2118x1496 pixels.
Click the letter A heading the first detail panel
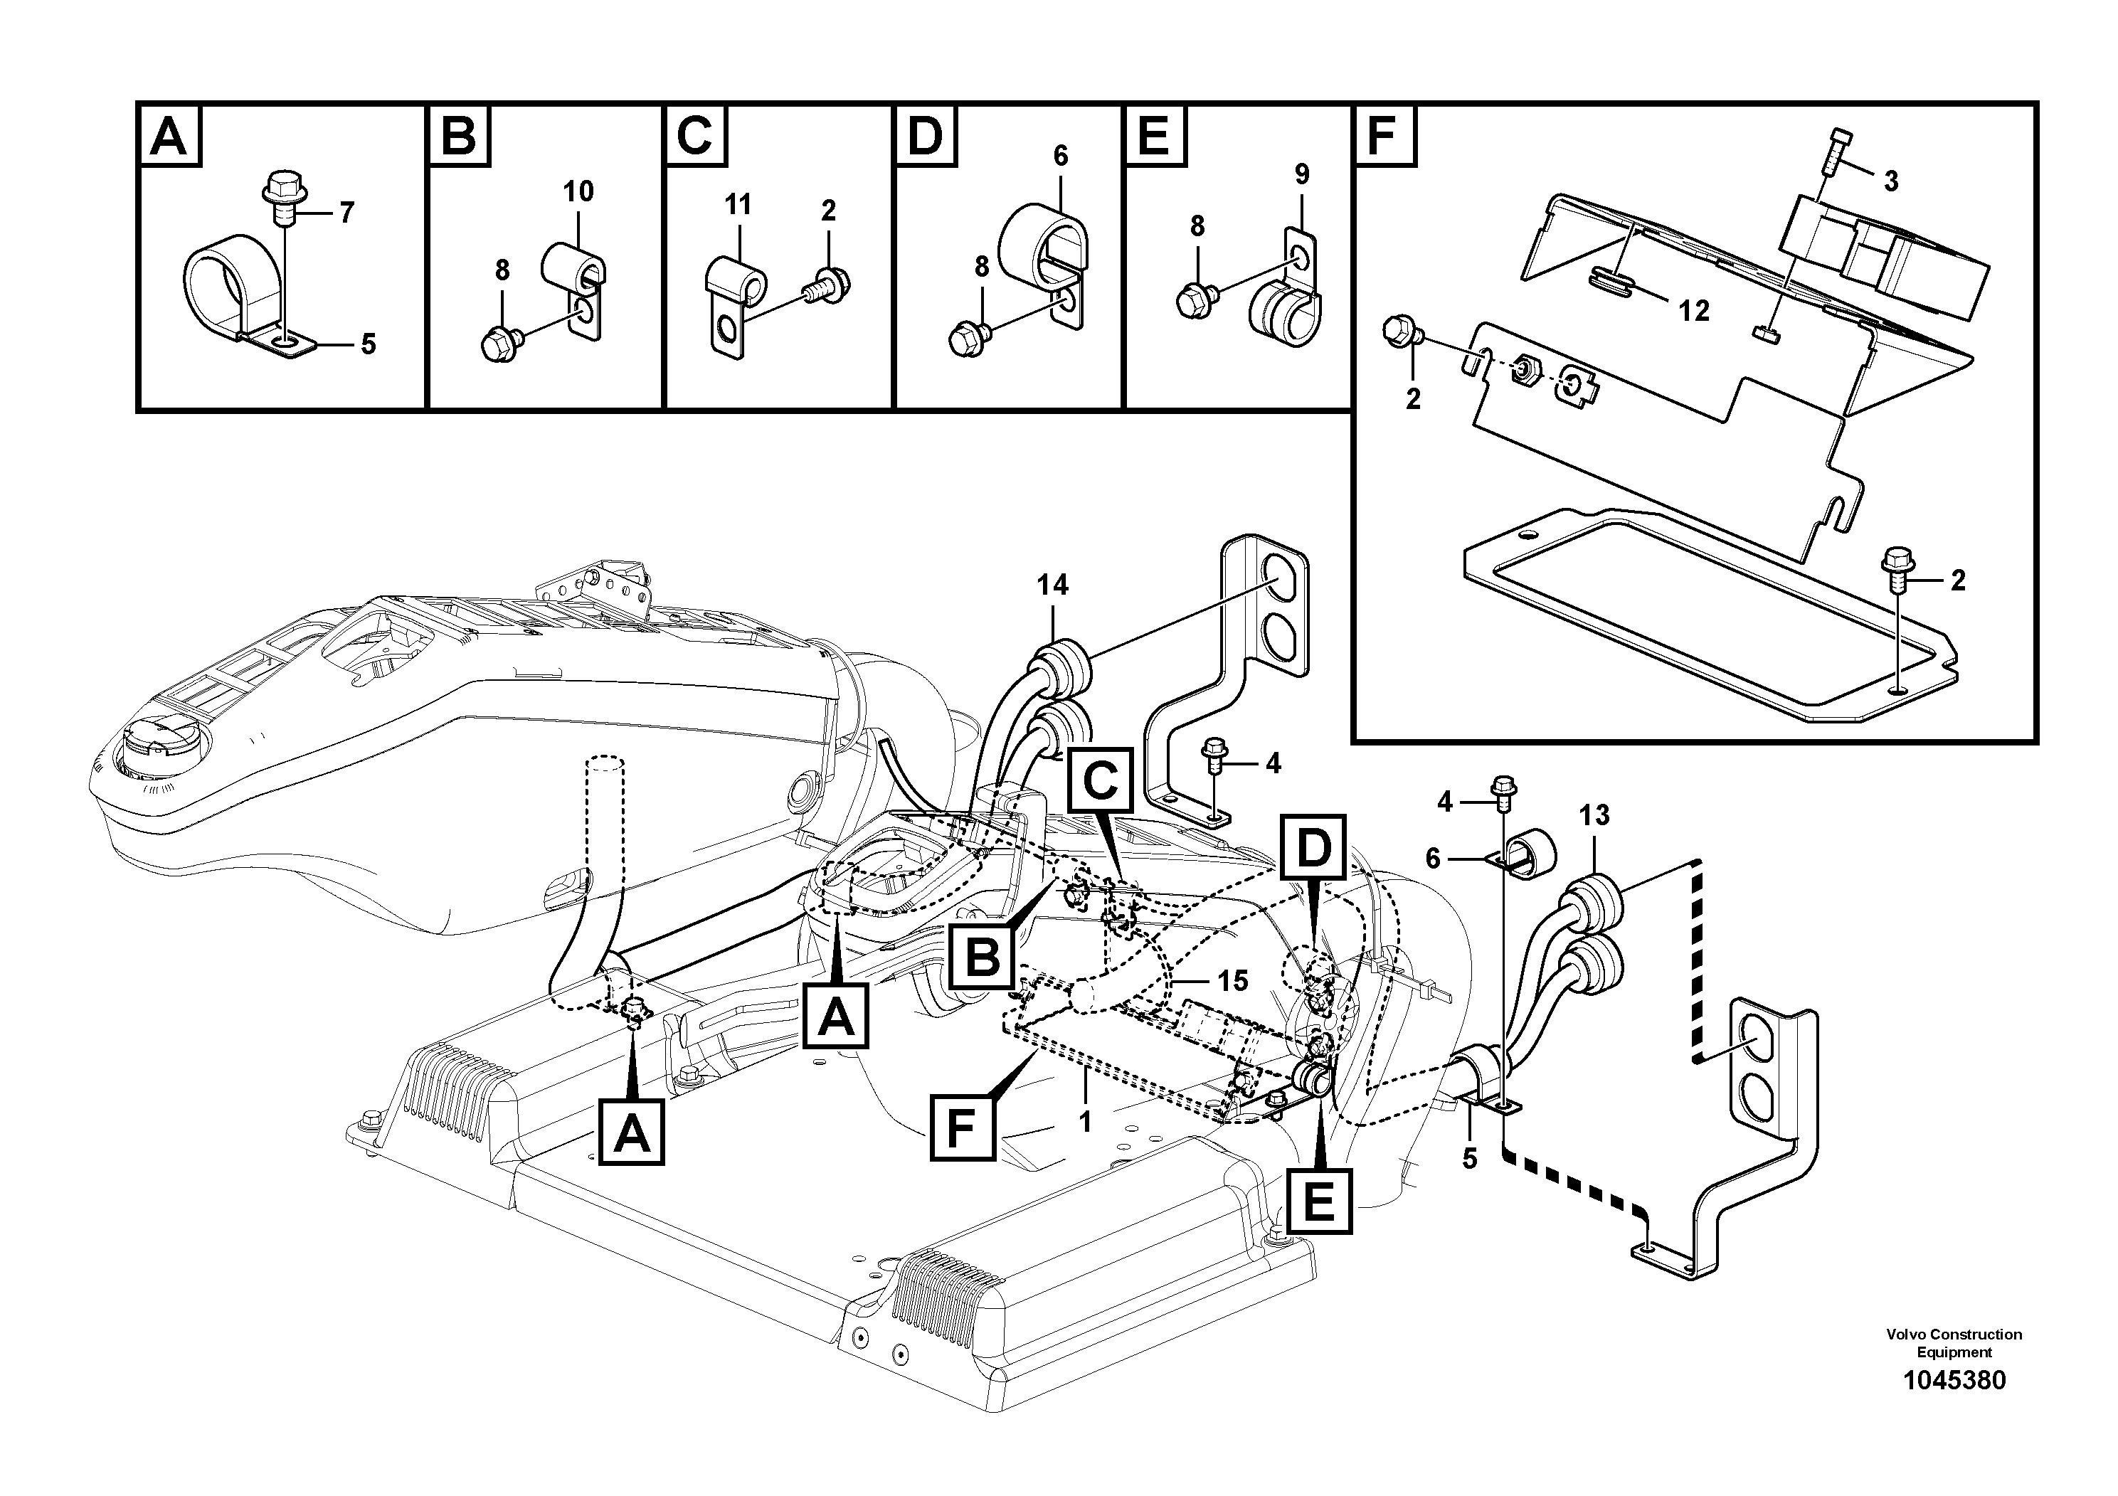pos(169,137)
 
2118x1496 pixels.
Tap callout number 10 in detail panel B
pos(578,192)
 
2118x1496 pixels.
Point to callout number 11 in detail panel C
pos(737,205)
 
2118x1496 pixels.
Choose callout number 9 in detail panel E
pos(1302,174)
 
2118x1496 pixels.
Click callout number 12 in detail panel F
pos(1694,312)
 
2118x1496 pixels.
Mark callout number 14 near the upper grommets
pos(1052,585)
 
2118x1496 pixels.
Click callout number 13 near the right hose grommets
pos(1594,815)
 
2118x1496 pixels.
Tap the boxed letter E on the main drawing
pos(1319,1201)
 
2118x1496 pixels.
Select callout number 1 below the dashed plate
pos(1086,1122)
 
